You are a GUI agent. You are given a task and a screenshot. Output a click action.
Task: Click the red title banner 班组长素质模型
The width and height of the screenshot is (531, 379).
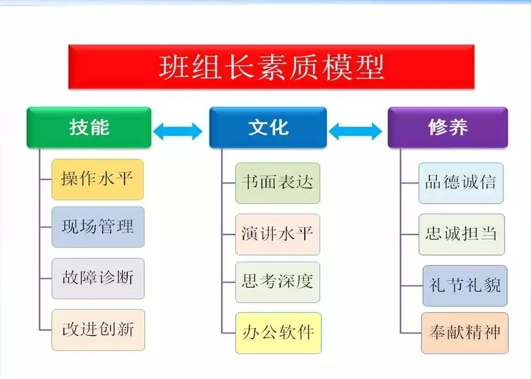[271, 67]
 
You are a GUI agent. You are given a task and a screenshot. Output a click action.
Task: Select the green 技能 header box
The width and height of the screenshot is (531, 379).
[88, 127]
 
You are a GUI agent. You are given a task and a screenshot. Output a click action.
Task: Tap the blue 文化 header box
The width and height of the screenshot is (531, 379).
[268, 127]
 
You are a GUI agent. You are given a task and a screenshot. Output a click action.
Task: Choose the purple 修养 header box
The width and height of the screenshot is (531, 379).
[447, 127]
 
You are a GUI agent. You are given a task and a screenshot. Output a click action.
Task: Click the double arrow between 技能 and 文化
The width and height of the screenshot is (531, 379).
[178, 131]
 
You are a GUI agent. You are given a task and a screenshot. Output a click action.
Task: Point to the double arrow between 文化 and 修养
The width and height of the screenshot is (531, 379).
[355, 131]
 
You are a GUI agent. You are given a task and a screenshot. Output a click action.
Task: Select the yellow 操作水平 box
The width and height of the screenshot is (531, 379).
[97, 179]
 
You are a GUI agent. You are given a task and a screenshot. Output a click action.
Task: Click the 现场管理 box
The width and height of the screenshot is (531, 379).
[98, 227]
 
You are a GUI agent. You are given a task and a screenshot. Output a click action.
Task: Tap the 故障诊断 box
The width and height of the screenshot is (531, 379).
[98, 278]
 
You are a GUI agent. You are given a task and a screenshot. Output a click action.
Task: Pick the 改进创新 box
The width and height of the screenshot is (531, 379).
[98, 330]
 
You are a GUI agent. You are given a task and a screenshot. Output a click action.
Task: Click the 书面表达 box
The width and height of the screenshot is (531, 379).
[278, 183]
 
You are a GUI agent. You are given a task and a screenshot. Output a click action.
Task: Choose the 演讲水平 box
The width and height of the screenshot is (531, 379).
[278, 234]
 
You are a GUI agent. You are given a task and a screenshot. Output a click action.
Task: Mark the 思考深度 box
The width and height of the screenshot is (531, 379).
[278, 282]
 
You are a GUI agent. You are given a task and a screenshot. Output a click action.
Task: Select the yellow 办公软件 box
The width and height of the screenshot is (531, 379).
[278, 333]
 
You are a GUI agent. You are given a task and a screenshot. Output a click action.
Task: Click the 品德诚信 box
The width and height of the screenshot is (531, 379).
[461, 183]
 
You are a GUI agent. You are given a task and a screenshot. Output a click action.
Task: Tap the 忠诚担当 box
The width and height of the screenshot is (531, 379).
[461, 234]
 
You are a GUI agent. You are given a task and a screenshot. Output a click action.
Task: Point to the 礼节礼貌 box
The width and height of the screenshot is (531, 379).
[465, 285]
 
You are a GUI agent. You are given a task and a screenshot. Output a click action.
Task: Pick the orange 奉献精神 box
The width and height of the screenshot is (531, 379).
[465, 333]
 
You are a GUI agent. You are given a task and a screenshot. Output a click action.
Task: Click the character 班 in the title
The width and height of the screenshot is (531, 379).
[174, 67]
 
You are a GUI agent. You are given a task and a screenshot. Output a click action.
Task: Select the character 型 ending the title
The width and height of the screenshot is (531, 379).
[369, 67]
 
